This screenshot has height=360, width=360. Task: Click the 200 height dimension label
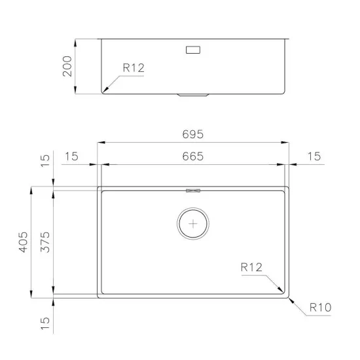[x=66, y=66]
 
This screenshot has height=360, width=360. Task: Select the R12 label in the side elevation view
[x=132, y=67]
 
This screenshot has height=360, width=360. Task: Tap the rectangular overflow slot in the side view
[x=194, y=50]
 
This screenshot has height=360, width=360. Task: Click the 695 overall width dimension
[x=194, y=134]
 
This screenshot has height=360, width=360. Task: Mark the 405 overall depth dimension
[x=24, y=242]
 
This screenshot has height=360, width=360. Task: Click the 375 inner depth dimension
[x=45, y=242]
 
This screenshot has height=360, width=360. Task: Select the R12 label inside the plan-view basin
[x=252, y=267]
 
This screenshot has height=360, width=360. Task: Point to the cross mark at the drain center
[x=193, y=223]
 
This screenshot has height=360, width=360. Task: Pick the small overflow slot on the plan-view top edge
[x=193, y=191]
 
